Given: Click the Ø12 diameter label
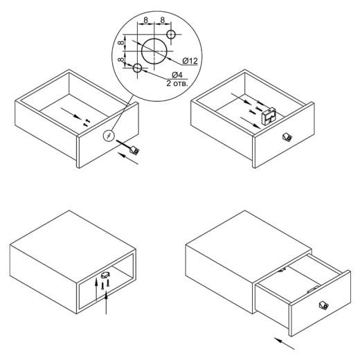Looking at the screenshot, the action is click(190, 61).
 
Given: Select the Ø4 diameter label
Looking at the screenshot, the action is click(177, 75).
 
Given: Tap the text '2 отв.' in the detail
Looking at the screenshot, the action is click(177, 83).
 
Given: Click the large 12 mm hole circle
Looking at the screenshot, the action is click(154, 51).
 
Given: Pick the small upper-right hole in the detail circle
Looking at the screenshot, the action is click(171, 35).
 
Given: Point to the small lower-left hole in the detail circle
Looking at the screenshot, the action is click(137, 68).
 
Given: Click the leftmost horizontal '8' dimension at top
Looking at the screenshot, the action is click(145, 20).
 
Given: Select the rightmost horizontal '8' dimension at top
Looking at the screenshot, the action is click(163, 20).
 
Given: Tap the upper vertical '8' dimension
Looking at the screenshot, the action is click(120, 43).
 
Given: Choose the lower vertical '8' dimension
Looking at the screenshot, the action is click(120, 60).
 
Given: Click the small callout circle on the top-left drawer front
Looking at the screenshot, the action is click(108, 136).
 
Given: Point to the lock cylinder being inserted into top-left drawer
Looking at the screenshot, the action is click(134, 150).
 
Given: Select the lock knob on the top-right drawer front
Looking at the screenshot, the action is click(287, 137).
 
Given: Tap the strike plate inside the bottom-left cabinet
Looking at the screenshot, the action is click(105, 275).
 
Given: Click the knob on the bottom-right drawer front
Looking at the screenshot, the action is click(323, 305).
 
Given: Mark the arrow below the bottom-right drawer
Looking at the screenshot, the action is click(284, 343).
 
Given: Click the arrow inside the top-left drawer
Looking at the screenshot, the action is click(71, 114).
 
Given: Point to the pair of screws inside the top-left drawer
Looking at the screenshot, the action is click(87, 122).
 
